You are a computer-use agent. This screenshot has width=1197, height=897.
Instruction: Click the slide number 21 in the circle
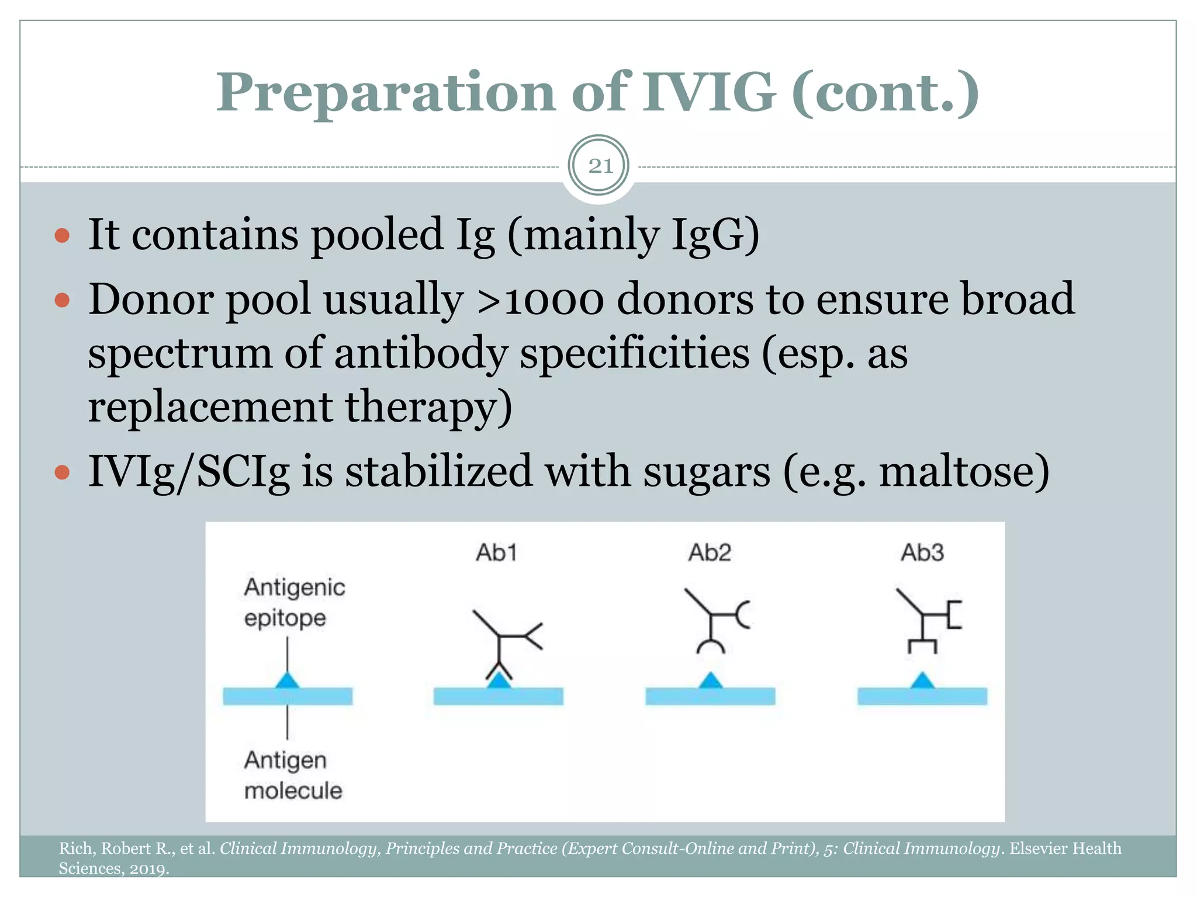point(600,166)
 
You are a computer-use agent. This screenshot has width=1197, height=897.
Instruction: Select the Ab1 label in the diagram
point(496,552)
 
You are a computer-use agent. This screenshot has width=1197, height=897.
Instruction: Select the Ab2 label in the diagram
point(710,552)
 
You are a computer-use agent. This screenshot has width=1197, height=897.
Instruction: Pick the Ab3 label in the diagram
point(922,552)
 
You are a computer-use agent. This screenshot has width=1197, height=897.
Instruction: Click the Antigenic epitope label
point(294,602)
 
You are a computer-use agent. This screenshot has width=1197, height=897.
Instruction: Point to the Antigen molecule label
point(292,775)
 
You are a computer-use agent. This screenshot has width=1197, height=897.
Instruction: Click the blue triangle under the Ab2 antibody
point(710,680)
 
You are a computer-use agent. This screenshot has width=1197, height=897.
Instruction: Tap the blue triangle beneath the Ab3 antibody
point(922,680)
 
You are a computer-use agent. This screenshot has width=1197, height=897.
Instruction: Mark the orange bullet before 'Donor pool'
point(62,301)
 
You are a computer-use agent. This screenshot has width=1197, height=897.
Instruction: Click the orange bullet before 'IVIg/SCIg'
point(62,472)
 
